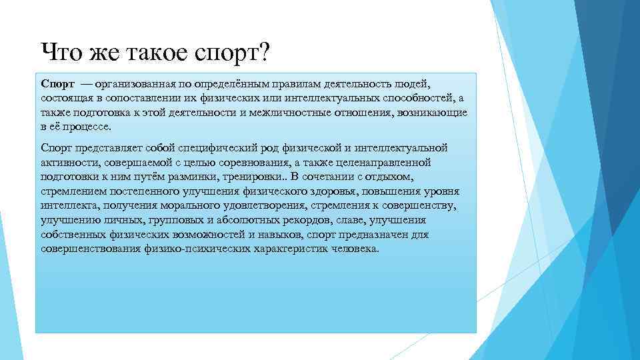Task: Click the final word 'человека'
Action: tap(354, 249)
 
